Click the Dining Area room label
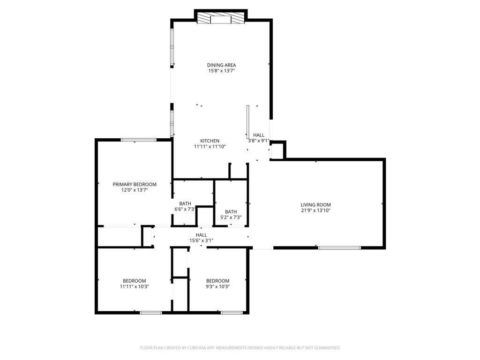click(x=221, y=65)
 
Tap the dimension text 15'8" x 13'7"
click(x=221, y=71)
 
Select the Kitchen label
click(x=210, y=141)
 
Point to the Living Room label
click(x=315, y=205)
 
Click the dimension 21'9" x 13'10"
click(x=315, y=210)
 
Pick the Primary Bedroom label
click(x=134, y=184)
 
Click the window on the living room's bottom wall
click(x=339, y=247)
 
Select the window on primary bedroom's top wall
click(x=138, y=140)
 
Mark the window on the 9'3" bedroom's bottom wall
click(x=232, y=312)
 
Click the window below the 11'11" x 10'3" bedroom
click(x=150, y=312)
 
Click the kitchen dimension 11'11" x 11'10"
click(x=210, y=146)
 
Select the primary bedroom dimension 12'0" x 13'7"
click(x=134, y=190)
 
